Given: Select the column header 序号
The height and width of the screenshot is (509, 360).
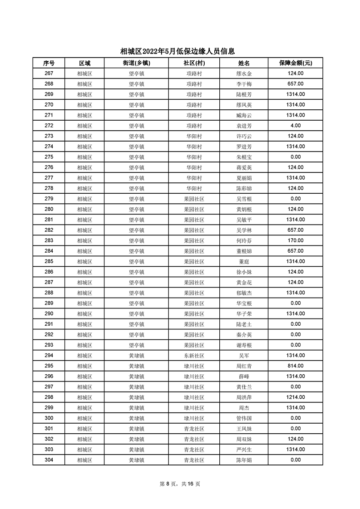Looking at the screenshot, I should point(49,63).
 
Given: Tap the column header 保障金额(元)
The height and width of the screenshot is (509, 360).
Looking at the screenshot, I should point(295,63).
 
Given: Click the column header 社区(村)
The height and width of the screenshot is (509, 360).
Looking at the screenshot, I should point(194,63).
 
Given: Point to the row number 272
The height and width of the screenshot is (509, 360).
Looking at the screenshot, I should point(49,126).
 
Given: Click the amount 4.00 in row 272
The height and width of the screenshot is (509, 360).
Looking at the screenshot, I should point(295,126).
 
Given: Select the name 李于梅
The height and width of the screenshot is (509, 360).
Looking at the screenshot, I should point(244,84).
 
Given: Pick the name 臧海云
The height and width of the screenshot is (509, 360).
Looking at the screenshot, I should point(244,115).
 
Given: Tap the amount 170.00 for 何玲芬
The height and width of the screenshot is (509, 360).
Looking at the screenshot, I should point(295,240).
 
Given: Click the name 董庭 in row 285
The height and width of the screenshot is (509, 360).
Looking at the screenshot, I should point(244,261).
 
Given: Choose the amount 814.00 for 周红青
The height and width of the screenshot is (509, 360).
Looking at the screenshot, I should point(295,366).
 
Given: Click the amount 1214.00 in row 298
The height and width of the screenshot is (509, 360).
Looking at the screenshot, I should point(295,397).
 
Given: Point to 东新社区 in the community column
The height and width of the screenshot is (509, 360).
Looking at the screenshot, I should point(194,355).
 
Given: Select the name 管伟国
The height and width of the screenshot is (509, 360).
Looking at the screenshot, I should point(244,418).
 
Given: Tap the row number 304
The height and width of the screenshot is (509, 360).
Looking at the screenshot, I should point(49,460).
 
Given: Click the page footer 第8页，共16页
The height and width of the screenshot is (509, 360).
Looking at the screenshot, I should point(180,484).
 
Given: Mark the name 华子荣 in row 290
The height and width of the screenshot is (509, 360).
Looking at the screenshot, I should point(244,313).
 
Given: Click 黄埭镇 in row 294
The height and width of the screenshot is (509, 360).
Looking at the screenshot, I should point(136,355).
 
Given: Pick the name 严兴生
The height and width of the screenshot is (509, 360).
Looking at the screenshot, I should point(244,449).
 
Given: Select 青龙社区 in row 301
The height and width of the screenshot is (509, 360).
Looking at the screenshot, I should point(194,428).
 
